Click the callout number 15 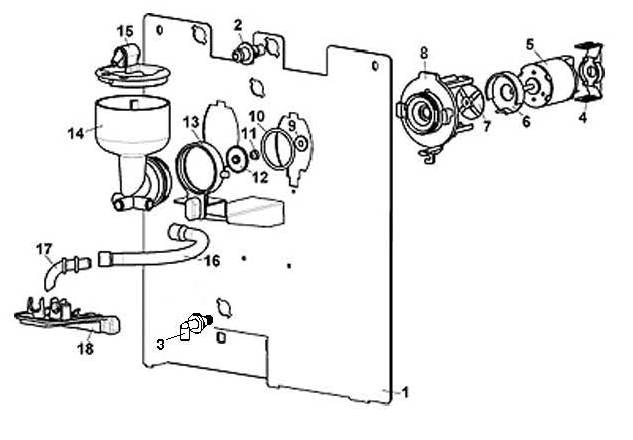(x=125, y=31)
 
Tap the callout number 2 (x=238, y=25)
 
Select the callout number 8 (x=424, y=53)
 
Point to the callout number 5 (x=530, y=44)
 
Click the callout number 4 (x=583, y=117)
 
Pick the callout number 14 (x=76, y=133)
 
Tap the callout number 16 (x=212, y=261)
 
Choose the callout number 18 (x=86, y=348)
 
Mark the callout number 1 (x=405, y=392)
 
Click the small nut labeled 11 (x=255, y=155)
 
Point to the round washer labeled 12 (x=237, y=159)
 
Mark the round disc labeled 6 (x=503, y=93)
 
